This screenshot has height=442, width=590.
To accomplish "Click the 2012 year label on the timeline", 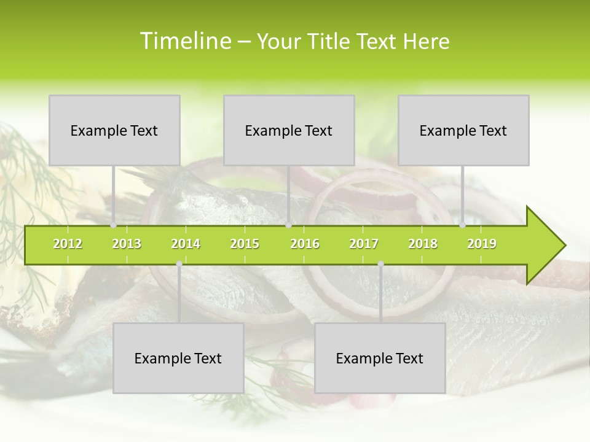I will click(68, 244).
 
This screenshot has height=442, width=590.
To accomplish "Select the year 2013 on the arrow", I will click(127, 244).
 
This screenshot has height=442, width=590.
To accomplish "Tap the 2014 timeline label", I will click(186, 244).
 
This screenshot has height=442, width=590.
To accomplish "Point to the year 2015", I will click(245, 244).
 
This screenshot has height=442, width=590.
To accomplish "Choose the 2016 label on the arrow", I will click(305, 244).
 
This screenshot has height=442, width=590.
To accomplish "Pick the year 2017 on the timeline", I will click(364, 244).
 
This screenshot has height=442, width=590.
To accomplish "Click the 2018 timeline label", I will click(423, 244).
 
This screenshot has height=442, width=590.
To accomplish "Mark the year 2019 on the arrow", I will click(482, 244).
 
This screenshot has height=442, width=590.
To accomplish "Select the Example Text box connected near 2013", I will click(114, 130).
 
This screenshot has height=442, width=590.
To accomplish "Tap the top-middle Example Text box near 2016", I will click(289, 130).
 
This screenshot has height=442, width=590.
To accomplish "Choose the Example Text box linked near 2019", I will click(463, 130).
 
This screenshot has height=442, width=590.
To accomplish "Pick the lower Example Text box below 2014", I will click(178, 358).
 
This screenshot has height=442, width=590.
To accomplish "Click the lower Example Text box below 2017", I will click(380, 358).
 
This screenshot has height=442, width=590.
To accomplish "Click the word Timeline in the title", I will click(184, 41).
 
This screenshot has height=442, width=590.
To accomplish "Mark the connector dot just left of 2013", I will click(114, 225).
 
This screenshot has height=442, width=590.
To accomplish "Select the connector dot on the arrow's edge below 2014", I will click(179, 264).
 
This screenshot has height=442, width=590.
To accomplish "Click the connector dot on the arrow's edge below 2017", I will click(380, 264).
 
